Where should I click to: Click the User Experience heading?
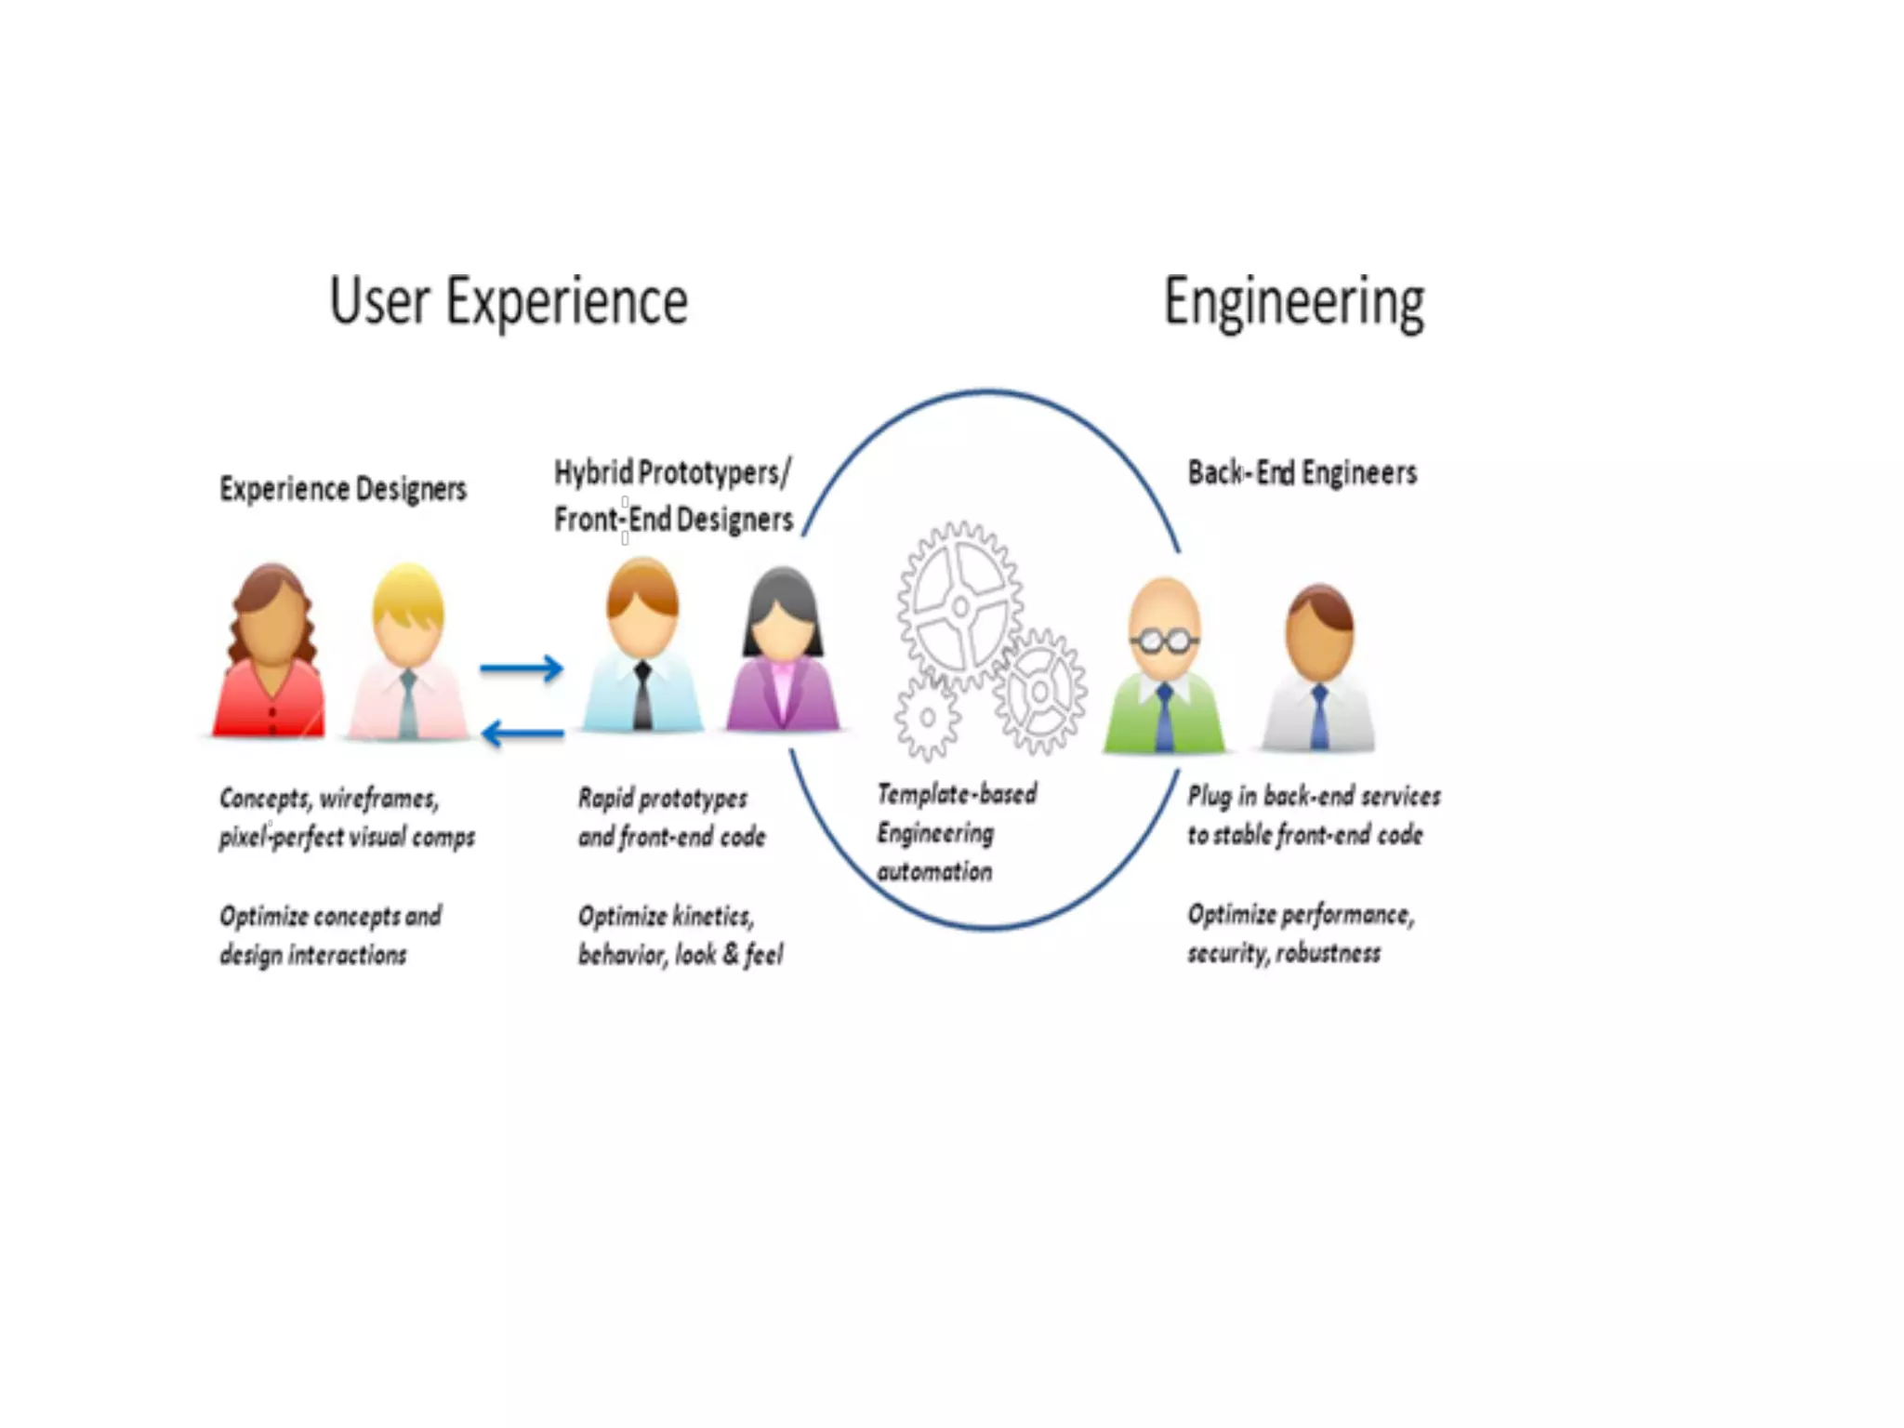point(509,302)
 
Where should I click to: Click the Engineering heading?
point(1293,302)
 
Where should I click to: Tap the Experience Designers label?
point(343,489)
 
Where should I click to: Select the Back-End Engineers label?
point(1302,473)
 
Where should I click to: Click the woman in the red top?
point(271,655)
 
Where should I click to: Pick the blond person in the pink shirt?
point(407,655)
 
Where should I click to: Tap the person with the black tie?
point(642,651)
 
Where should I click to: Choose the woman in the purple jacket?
point(783,655)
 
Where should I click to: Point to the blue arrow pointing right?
point(522,668)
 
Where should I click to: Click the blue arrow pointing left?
point(522,734)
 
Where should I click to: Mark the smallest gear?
point(927,718)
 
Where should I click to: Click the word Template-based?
point(957,794)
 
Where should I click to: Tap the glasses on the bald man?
point(1164,641)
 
